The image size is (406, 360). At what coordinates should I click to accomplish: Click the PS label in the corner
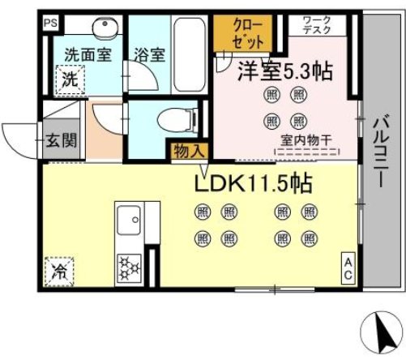[50, 23]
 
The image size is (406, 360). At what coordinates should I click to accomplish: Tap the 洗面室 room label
[88, 55]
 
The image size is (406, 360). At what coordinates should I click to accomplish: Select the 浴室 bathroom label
[149, 55]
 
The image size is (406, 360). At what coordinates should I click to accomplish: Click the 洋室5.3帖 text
[284, 71]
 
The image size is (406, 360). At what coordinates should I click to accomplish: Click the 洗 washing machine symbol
[71, 79]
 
